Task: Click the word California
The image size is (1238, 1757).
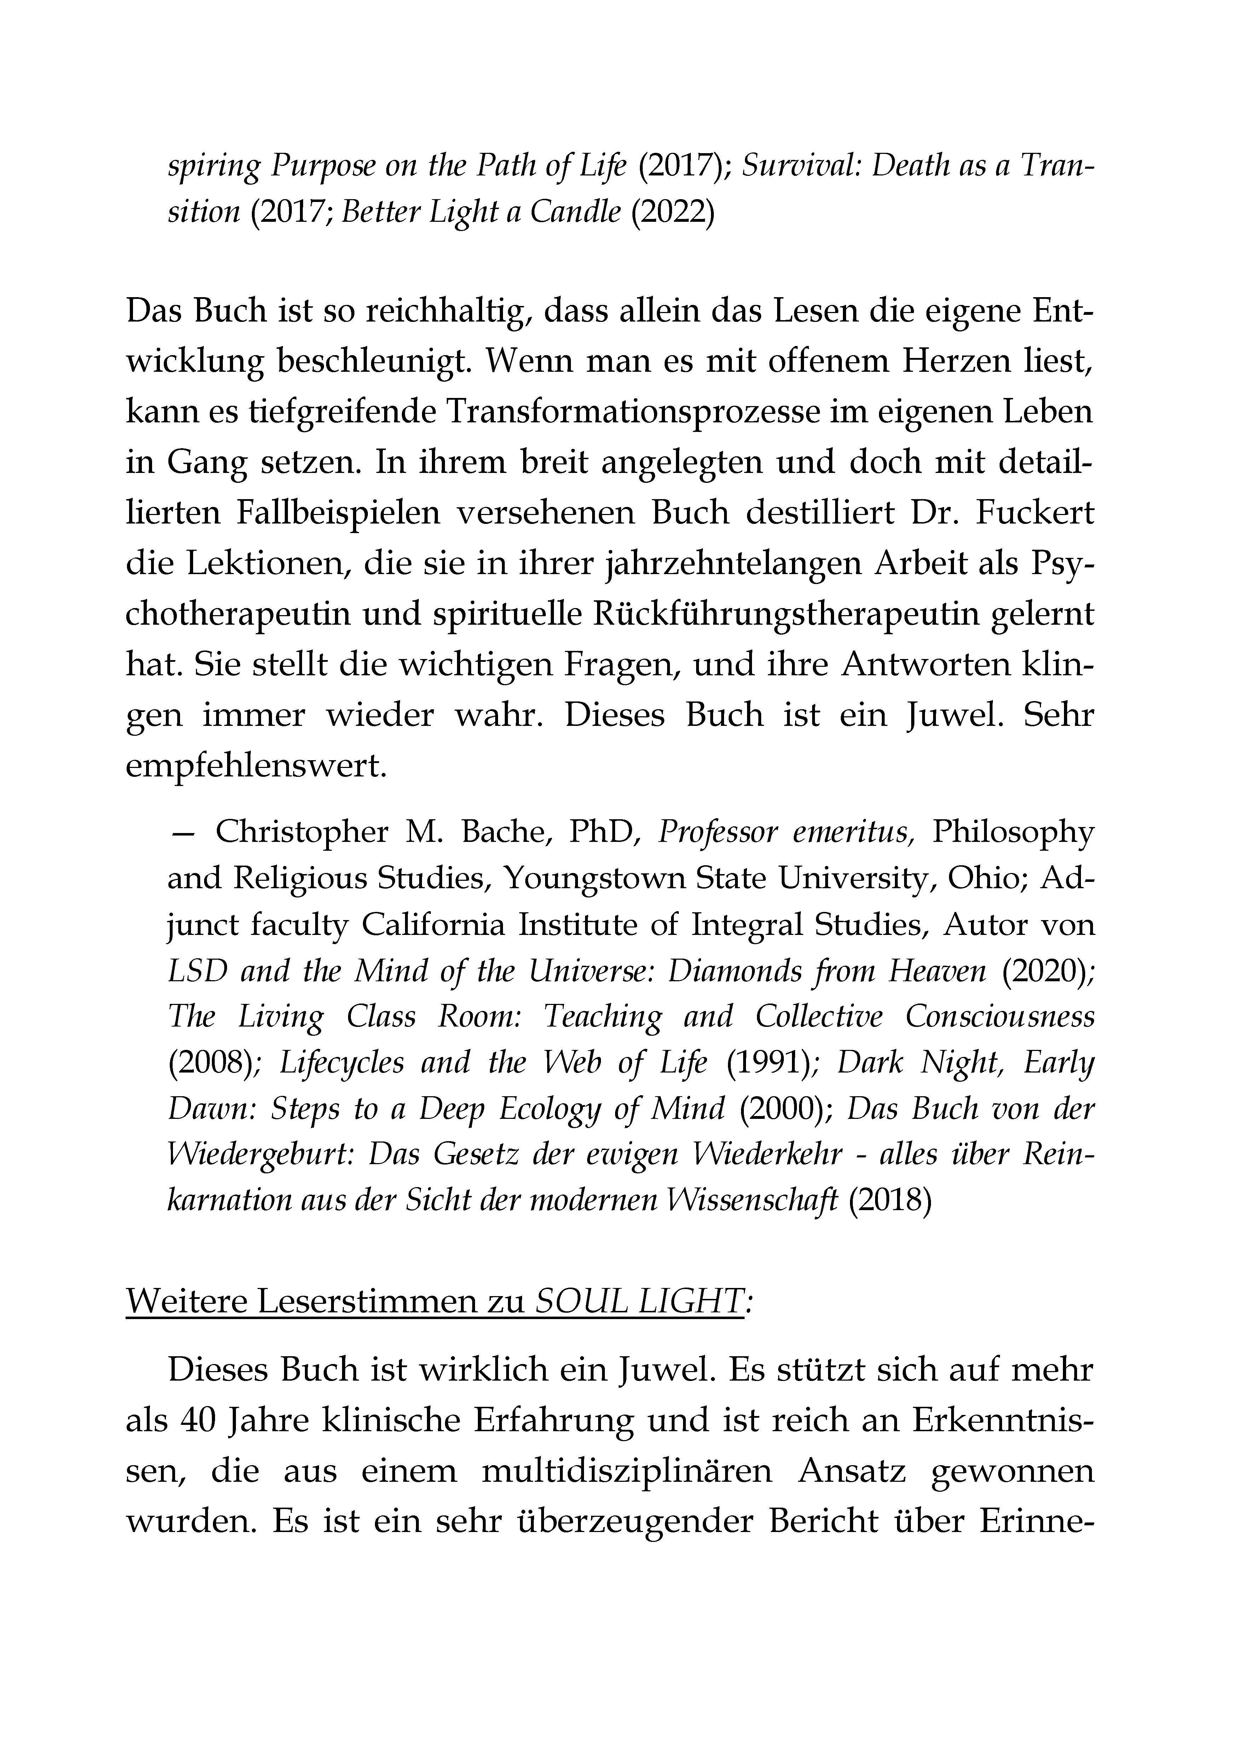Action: pos(432,925)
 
